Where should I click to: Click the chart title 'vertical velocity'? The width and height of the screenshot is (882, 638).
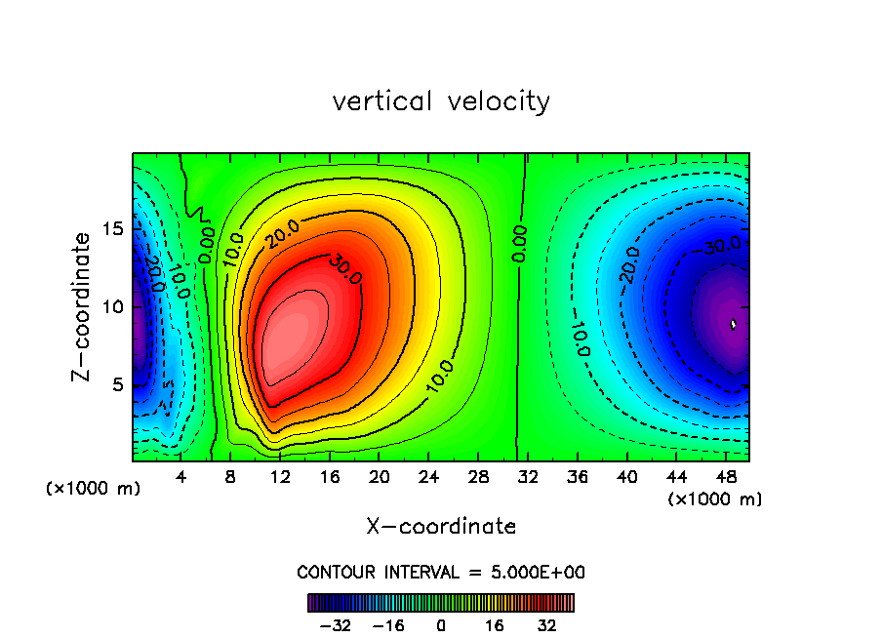click(x=441, y=101)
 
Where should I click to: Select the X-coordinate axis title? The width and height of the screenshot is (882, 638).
click(x=441, y=526)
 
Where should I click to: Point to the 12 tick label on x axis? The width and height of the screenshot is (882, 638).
click(x=280, y=478)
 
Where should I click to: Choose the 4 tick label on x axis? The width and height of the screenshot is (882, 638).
click(x=181, y=478)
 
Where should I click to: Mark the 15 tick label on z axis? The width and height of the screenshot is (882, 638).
click(x=112, y=228)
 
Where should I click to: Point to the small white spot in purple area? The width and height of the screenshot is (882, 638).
click(x=734, y=324)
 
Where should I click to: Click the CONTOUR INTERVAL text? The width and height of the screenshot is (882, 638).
click(x=441, y=572)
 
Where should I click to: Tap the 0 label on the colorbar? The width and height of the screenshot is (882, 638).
click(x=441, y=625)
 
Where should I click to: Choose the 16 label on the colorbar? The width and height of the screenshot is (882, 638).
click(x=495, y=625)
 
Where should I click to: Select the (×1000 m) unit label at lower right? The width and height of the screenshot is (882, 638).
click(x=715, y=499)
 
